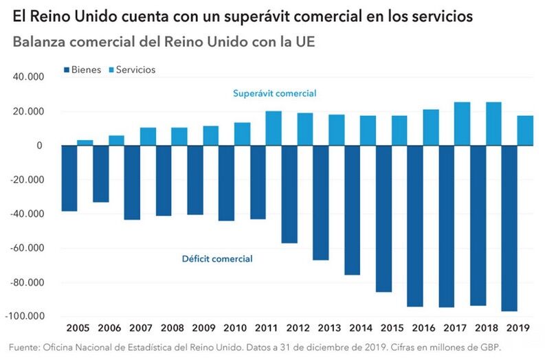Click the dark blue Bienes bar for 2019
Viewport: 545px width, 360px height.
click(x=509, y=228)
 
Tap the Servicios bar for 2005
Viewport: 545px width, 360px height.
click(x=85, y=143)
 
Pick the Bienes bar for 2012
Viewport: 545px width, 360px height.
click(x=289, y=194)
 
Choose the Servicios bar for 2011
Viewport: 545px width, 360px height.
click(x=274, y=128)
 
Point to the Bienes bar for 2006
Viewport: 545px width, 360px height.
click(x=101, y=174)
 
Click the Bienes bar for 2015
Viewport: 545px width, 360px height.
click(x=383, y=218)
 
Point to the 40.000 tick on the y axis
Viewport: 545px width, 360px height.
click(x=28, y=78)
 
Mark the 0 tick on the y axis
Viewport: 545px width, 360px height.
click(x=40, y=146)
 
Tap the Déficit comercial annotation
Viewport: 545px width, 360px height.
click(x=217, y=259)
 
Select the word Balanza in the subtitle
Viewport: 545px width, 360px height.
click(x=38, y=41)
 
